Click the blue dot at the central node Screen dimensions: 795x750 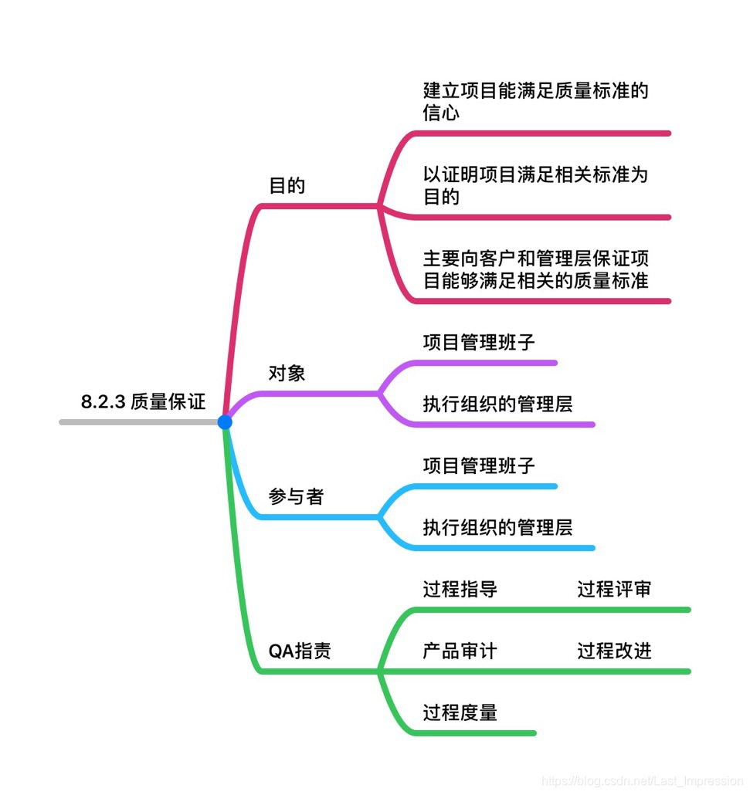(x=225, y=422)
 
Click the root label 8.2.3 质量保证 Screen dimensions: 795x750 (x=143, y=401)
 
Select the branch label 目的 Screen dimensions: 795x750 (x=287, y=186)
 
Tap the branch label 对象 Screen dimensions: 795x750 (x=287, y=374)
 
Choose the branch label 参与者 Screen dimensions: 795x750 (x=296, y=497)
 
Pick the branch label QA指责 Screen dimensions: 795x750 (x=300, y=651)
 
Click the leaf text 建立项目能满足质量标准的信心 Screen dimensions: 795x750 (x=535, y=102)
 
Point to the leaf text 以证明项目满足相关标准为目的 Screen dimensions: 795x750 (x=535, y=185)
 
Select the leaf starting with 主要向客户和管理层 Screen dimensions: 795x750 (x=535, y=269)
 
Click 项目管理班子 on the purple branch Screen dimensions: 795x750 (x=479, y=342)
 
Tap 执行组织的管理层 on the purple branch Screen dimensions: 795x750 (x=497, y=404)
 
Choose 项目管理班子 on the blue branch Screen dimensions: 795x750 (x=479, y=465)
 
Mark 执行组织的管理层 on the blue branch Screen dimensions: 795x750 (x=497, y=527)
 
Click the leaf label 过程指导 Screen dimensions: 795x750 (x=460, y=590)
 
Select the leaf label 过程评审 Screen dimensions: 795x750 (x=614, y=590)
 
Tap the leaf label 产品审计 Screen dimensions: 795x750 (x=460, y=651)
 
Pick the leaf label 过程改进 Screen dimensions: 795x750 (x=614, y=651)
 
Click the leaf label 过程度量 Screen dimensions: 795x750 (x=460, y=712)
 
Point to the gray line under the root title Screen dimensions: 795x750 (x=139, y=422)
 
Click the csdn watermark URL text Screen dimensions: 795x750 (x=641, y=781)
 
